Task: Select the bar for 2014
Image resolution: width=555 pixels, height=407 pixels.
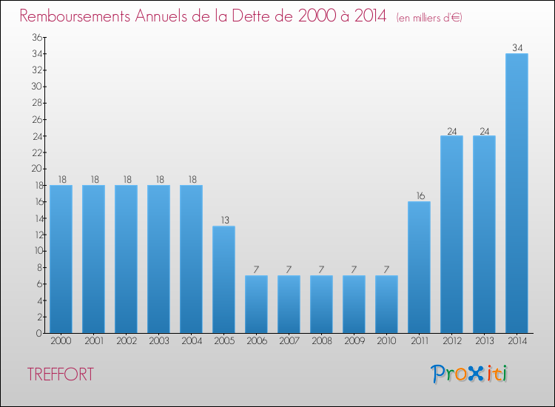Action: (517, 193)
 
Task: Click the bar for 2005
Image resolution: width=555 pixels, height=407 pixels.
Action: (223, 279)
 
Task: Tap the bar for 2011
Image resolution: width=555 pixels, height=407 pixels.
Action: (419, 267)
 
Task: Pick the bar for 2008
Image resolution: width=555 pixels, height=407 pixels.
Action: (321, 304)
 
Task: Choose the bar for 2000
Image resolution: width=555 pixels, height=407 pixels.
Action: (61, 259)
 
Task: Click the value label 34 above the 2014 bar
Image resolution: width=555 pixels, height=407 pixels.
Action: (517, 48)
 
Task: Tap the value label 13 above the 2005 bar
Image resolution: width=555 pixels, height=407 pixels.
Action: (223, 221)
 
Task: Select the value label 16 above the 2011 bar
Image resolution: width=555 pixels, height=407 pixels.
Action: (419, 196)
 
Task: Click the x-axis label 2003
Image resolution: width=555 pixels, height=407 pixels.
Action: (158, 341)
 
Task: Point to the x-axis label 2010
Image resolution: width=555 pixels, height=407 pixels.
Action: (386, 341)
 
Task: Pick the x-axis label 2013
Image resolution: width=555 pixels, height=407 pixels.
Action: (484, 341)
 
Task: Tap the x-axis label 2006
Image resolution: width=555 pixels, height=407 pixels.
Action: (256, 341)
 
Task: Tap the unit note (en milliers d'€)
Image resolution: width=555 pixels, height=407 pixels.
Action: (429, 17)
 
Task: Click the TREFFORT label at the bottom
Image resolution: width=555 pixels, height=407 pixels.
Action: (61, 374)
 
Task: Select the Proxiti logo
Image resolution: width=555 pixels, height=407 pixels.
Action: (469, 374)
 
